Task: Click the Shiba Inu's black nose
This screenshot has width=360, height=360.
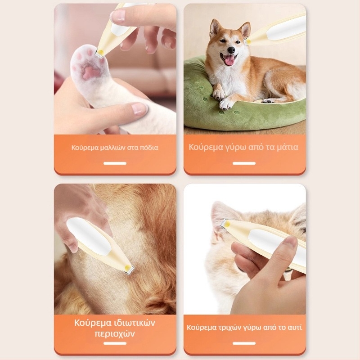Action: (x=231, y=50)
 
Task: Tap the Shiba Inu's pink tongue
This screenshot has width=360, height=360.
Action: (x=229, y=60)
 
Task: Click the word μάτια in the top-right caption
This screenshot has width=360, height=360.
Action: (x=288, y=147)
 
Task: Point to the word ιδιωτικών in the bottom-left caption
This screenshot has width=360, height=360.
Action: (x=135, y=323)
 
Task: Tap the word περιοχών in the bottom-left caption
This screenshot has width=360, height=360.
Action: (x=115, y=333)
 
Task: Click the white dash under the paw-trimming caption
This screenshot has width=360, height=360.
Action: (x=115, y=163)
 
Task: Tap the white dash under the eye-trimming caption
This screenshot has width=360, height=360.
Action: (x=244, y=163)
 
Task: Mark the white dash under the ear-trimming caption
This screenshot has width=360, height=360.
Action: (x=244, y=343)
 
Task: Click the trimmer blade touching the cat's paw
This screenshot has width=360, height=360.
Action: (x=99, y=54)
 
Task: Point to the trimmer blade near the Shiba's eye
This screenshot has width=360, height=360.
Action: (x=246, y=42)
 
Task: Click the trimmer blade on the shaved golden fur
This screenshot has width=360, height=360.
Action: (x=129, y=270)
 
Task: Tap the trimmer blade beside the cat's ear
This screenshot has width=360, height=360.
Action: (x=224, y=224)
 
